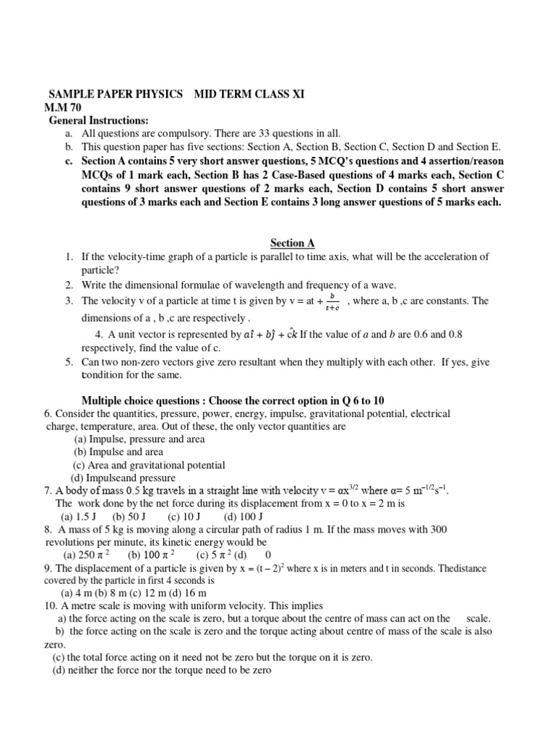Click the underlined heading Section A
[x=293, y=244]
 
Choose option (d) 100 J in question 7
[x=244, y=516]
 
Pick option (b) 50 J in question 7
[x=129, y=516]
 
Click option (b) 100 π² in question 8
[x=154, y=555]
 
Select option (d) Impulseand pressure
[x=122, y=478]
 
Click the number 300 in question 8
[x=439, y=529]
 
